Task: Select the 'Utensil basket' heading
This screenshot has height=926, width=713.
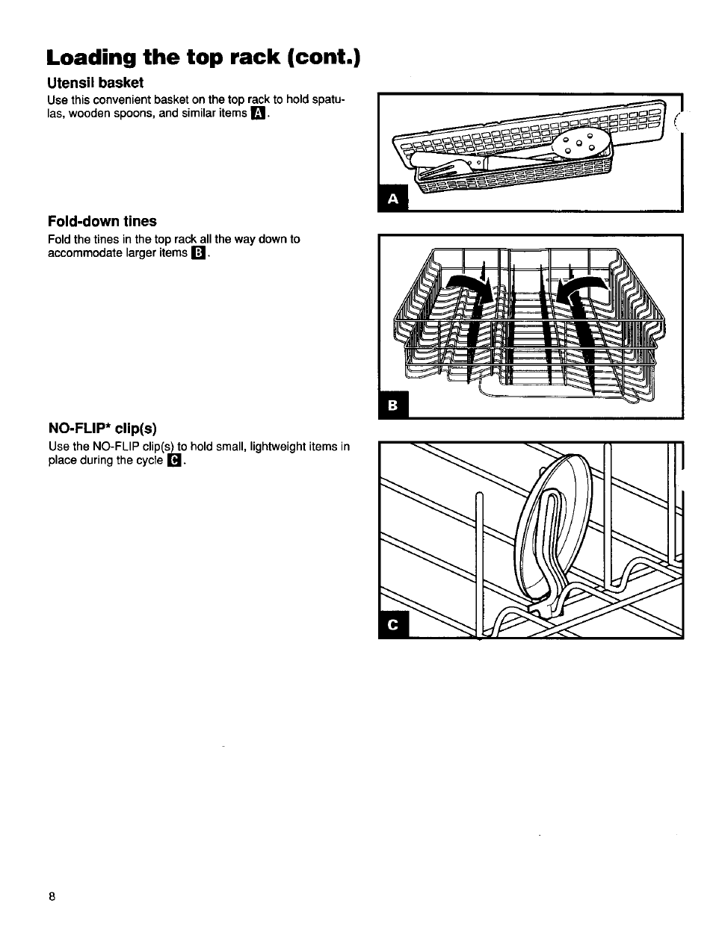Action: (x=95, y=82)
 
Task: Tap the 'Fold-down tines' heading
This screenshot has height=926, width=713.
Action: (x=102, y=221)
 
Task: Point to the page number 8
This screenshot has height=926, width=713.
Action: (x=52, y=897)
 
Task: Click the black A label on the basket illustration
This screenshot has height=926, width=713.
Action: (x=394, y=198)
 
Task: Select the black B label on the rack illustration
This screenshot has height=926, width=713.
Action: (x=394, y=405)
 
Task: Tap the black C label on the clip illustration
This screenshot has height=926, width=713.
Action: (x=394, y=626)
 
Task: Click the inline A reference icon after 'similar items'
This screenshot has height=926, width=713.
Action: (x=259, y=114)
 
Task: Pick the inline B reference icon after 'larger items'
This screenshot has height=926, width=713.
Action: (x=198, y=253)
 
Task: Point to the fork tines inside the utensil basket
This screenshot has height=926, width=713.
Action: (x=448, y=166)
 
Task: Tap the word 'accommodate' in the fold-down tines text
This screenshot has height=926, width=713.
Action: (x=83, y=253)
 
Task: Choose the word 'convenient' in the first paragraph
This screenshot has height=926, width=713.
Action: (x=117, y=99)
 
